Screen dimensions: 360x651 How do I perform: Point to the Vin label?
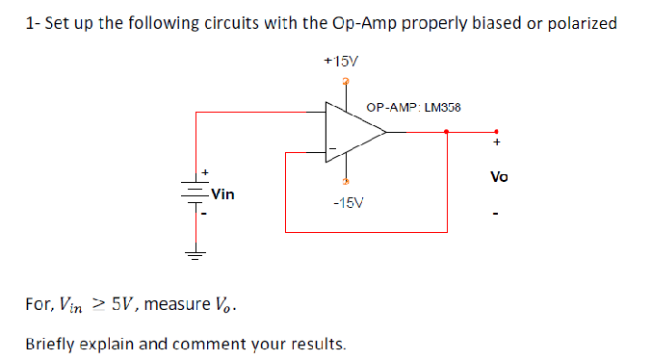(x=223, y=193)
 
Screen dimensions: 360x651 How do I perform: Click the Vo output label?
(x=498, y=177)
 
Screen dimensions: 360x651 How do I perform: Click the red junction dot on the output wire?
(x=447, y=133)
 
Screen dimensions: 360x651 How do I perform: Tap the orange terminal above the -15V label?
(x=346, y=181)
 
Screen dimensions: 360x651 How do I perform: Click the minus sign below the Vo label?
(x=497, y=213)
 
